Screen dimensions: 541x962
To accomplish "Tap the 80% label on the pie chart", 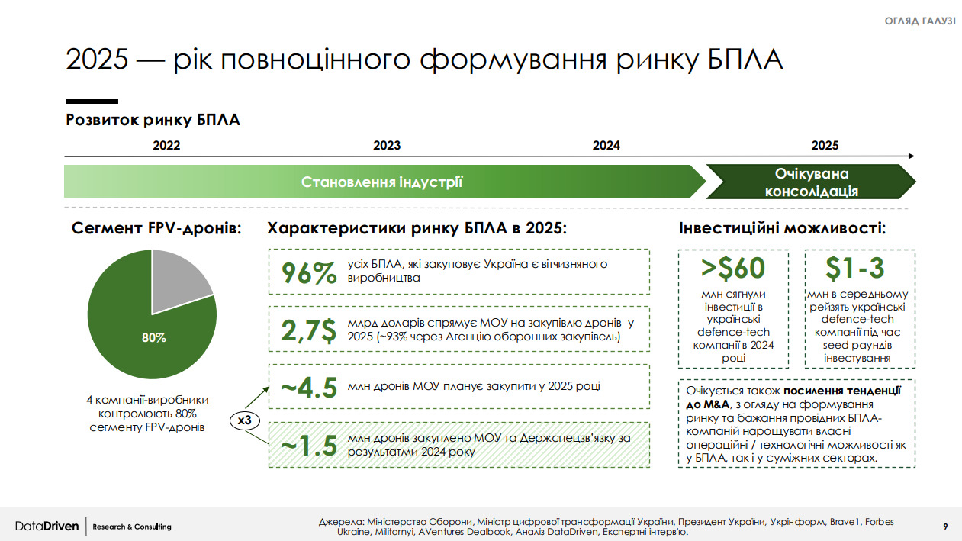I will (153, 337).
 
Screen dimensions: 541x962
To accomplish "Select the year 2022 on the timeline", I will (166, 146).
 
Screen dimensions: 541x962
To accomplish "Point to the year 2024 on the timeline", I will (606, 146).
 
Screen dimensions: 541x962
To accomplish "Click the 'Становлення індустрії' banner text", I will (381, 182).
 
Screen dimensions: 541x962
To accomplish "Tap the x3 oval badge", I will (245, 420).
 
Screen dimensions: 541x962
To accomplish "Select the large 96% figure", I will (309, 273).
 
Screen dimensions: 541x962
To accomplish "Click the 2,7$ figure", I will (308, 330).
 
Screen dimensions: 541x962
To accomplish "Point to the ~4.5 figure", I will (309, 388).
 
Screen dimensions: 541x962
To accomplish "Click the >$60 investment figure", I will (733, 269).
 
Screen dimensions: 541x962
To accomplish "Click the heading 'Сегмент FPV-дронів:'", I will (156, 228).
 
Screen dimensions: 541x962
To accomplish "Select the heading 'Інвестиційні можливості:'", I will (782, 228).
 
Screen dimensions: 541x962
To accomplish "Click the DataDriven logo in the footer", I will (47, 527).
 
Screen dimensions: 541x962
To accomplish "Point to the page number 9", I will (945, 527).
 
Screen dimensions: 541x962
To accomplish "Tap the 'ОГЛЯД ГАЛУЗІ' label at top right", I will (919, 21).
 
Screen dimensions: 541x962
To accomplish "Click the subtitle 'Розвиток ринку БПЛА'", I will (153, 120).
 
